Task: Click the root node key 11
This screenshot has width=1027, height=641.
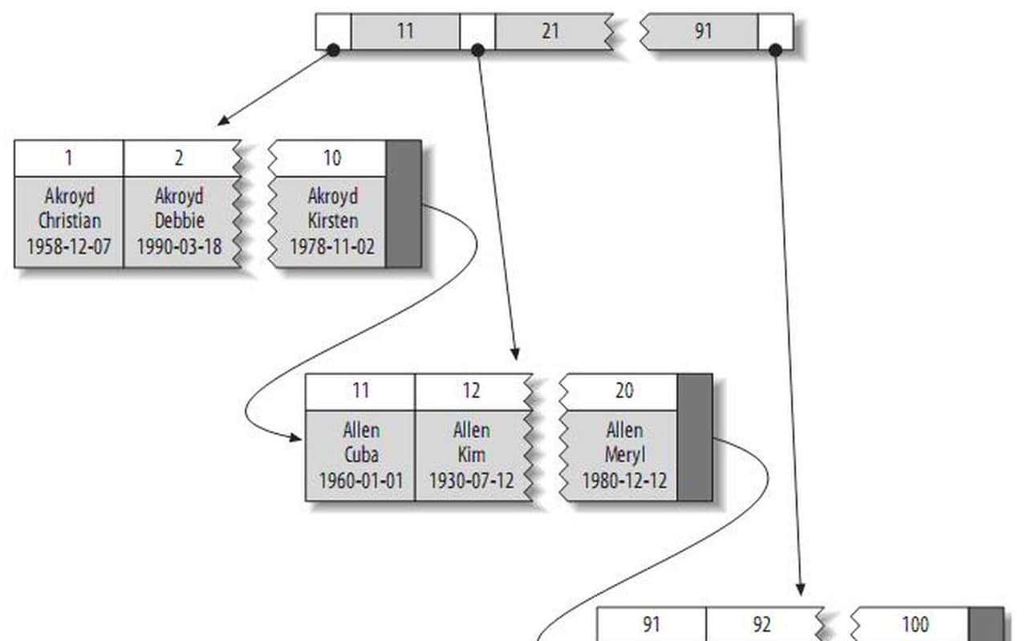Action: click(404, 32)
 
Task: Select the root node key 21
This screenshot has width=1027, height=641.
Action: click(550, 32)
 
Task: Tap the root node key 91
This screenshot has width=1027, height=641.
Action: click(703, 32)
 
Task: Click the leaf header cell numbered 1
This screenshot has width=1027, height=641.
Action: click(69, 158)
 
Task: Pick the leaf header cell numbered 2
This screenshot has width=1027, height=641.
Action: click(178, 158)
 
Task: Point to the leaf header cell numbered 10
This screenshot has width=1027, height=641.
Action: click(331, 158)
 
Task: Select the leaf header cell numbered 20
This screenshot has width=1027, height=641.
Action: click(623, 391)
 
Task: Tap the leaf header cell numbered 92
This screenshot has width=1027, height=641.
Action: click(761, 624)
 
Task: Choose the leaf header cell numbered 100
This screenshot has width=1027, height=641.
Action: click(915, 624)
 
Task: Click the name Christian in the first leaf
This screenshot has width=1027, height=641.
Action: click(69, 221)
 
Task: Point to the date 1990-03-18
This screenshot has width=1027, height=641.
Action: click(178, 245)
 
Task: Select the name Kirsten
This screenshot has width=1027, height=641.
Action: click(331, 221)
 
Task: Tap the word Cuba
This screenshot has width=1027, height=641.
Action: click(361, 455)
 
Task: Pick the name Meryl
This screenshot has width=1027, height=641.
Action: click(623, 455)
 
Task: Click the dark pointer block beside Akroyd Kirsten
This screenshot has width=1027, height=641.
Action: click(404, 204)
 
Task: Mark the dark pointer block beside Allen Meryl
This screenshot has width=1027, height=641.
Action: click(695, 437)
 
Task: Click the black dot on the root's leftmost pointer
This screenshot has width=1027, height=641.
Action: click(334, 51)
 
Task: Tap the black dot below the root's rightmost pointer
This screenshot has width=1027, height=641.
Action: click(775, 51)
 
